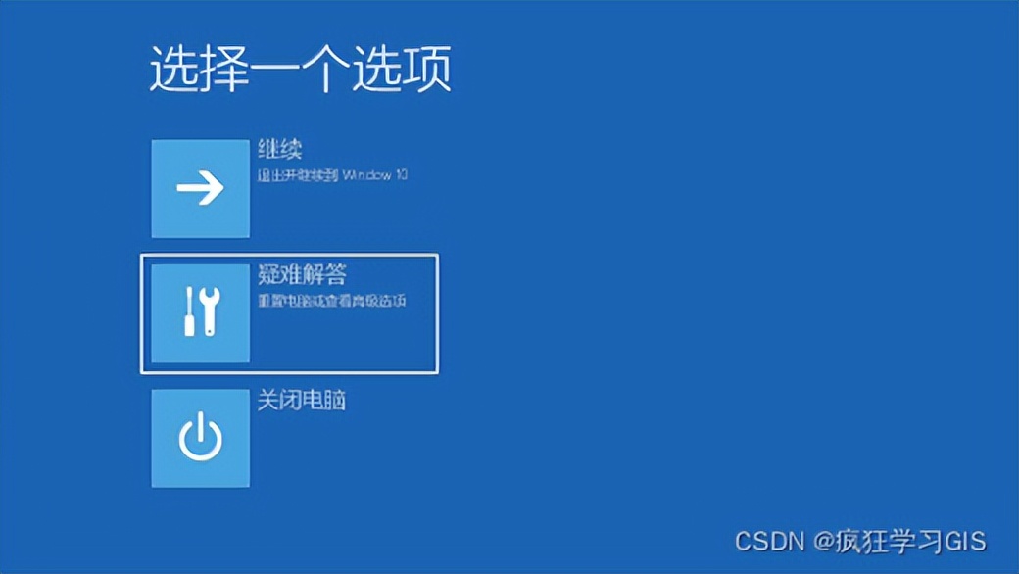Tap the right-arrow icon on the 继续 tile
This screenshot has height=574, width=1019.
coord(200,188)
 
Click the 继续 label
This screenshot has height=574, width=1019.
coord(279,150)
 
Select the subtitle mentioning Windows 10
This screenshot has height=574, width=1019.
coord(331,176)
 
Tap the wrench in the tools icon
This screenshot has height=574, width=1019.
coord(211,311)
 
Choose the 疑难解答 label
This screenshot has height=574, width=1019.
coord(302,275)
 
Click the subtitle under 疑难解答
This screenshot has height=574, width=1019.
coord(331,301)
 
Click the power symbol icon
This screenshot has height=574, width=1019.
coord(200,438)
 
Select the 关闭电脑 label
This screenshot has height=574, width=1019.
coord(301,401)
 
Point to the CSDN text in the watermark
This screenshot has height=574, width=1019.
coord(769,541)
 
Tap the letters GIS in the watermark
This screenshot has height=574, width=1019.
coord(964,541)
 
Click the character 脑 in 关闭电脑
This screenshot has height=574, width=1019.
coord(334,401)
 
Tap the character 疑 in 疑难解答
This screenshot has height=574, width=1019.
coord(268,275)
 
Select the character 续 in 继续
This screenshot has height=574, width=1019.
coord(290,150)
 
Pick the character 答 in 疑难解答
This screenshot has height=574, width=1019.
coord(335,275)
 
